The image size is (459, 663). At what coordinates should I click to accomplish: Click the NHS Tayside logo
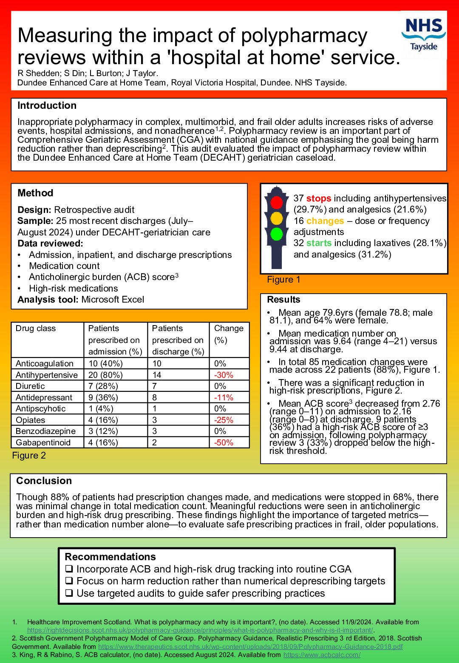(x=424, y=34)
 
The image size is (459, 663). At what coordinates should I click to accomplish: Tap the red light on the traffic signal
(x=277, y=202)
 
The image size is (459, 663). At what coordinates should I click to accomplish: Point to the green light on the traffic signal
(x=277, y=234)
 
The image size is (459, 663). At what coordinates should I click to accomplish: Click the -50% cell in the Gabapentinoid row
(x=224, y=442)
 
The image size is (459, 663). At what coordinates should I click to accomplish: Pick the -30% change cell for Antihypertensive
(x=224, y=375)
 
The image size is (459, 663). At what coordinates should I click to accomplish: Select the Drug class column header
(x=36, y=329)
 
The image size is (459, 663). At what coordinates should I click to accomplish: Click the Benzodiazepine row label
(x=45, y=431)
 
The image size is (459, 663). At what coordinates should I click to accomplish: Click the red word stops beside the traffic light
(x=318, y=198)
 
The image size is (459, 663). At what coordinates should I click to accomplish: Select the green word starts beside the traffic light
(x=318, y=243)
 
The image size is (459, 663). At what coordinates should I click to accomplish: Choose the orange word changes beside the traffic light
(x=325, y=221)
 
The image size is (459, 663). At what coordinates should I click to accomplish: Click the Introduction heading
(x=47, y=105)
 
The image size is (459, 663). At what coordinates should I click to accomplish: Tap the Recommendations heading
(x=110, y=557)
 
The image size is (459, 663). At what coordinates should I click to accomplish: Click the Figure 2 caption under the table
(x=29, y=456)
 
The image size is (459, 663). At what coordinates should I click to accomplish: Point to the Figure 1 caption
(x=283, y=280)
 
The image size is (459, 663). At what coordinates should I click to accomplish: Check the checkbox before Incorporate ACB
(x=69, y=569)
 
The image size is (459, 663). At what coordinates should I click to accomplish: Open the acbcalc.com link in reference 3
(x=322, y=655)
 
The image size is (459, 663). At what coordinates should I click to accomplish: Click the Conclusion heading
(x=44, y=481)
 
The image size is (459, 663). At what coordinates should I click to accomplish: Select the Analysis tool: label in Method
(x=48, y=300)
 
